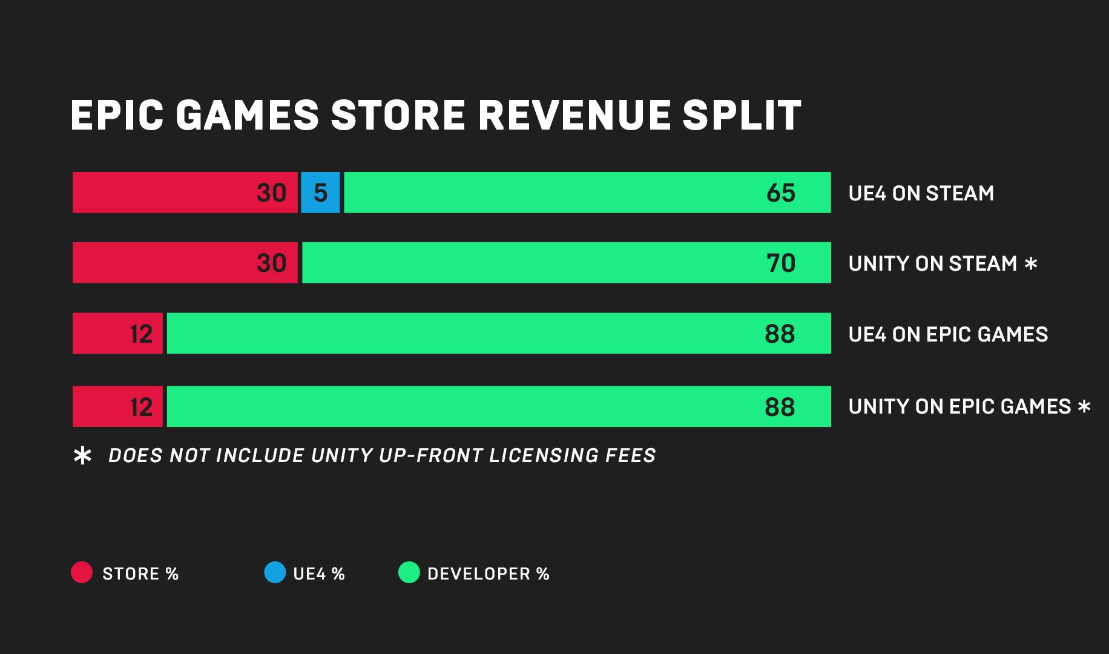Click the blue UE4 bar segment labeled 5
click(x=320, y=193)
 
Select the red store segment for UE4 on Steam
click(x=185, y=193)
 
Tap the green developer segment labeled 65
click(x=587, y=193)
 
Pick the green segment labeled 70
click(x=566, y=263)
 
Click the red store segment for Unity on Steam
click(x=185, y=263)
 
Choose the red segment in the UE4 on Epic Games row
click(x=117, y=334)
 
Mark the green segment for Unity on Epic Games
click(x=498, y=406)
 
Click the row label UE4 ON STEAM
click(x=921, y=193)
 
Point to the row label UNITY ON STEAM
click(x=932, y=263)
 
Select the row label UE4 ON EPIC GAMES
click(x=948, y=334)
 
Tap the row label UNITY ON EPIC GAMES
click(x=959, y=406)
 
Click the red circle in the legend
click(x=82, y=572)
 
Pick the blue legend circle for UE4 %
click(x=275, y=572)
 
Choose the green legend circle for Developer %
click(x=409, y=572)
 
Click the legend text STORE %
click(x=140, y=574)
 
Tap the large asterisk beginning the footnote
click(x=82, y=455)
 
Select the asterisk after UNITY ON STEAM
click(x=1031, y=263)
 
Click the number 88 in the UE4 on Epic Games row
click(x=780, y=334)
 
